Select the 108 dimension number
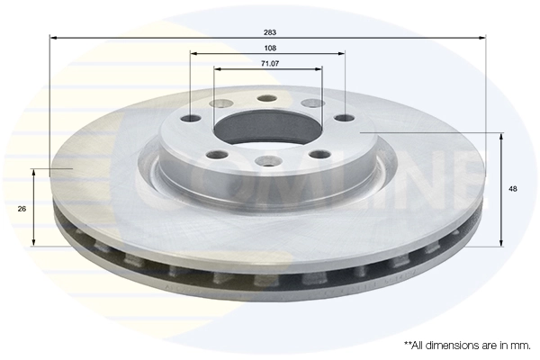click(268, 47)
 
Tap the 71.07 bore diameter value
click(268, 64)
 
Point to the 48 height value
click(513, 189)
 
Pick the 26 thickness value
click(22, 208)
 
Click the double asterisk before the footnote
click(408, 345)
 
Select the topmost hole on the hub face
click(265, 99)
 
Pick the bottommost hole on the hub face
click(265, 161)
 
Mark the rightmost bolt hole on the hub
click(343, 117)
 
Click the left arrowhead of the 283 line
click(53, 38)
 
